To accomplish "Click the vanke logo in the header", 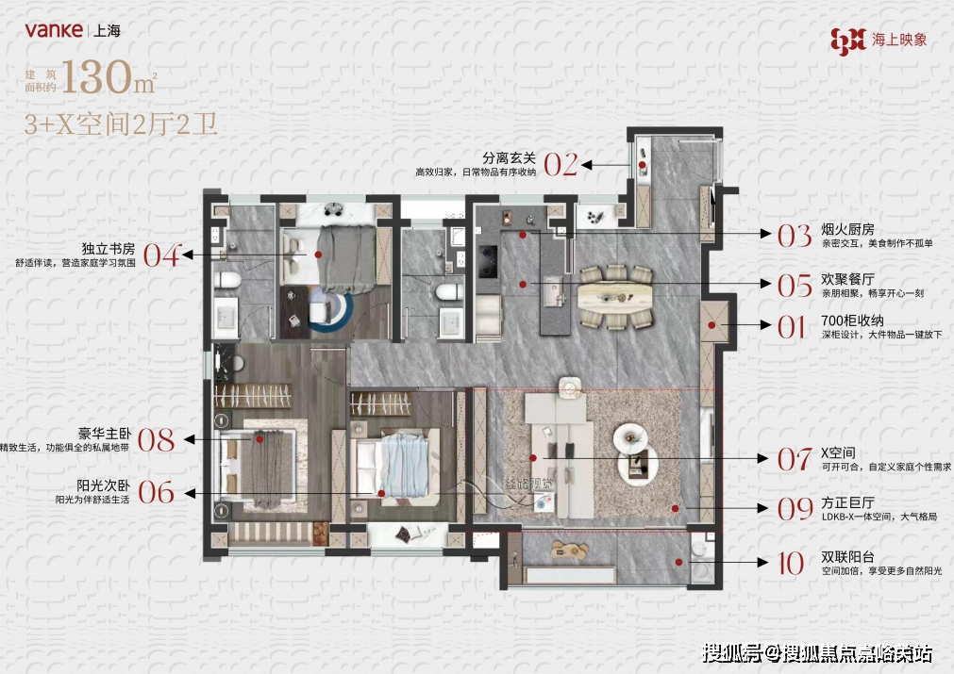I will coord(53,29).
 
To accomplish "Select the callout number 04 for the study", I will coord(161,255).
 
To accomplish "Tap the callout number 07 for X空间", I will coord(794,459).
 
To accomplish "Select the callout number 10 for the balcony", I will coord(790,564).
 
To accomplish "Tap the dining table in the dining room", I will coord(615,295).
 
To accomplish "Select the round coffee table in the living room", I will coord(630,436).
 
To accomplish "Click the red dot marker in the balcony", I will coord(678,563).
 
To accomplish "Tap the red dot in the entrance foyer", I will coord(642,165).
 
